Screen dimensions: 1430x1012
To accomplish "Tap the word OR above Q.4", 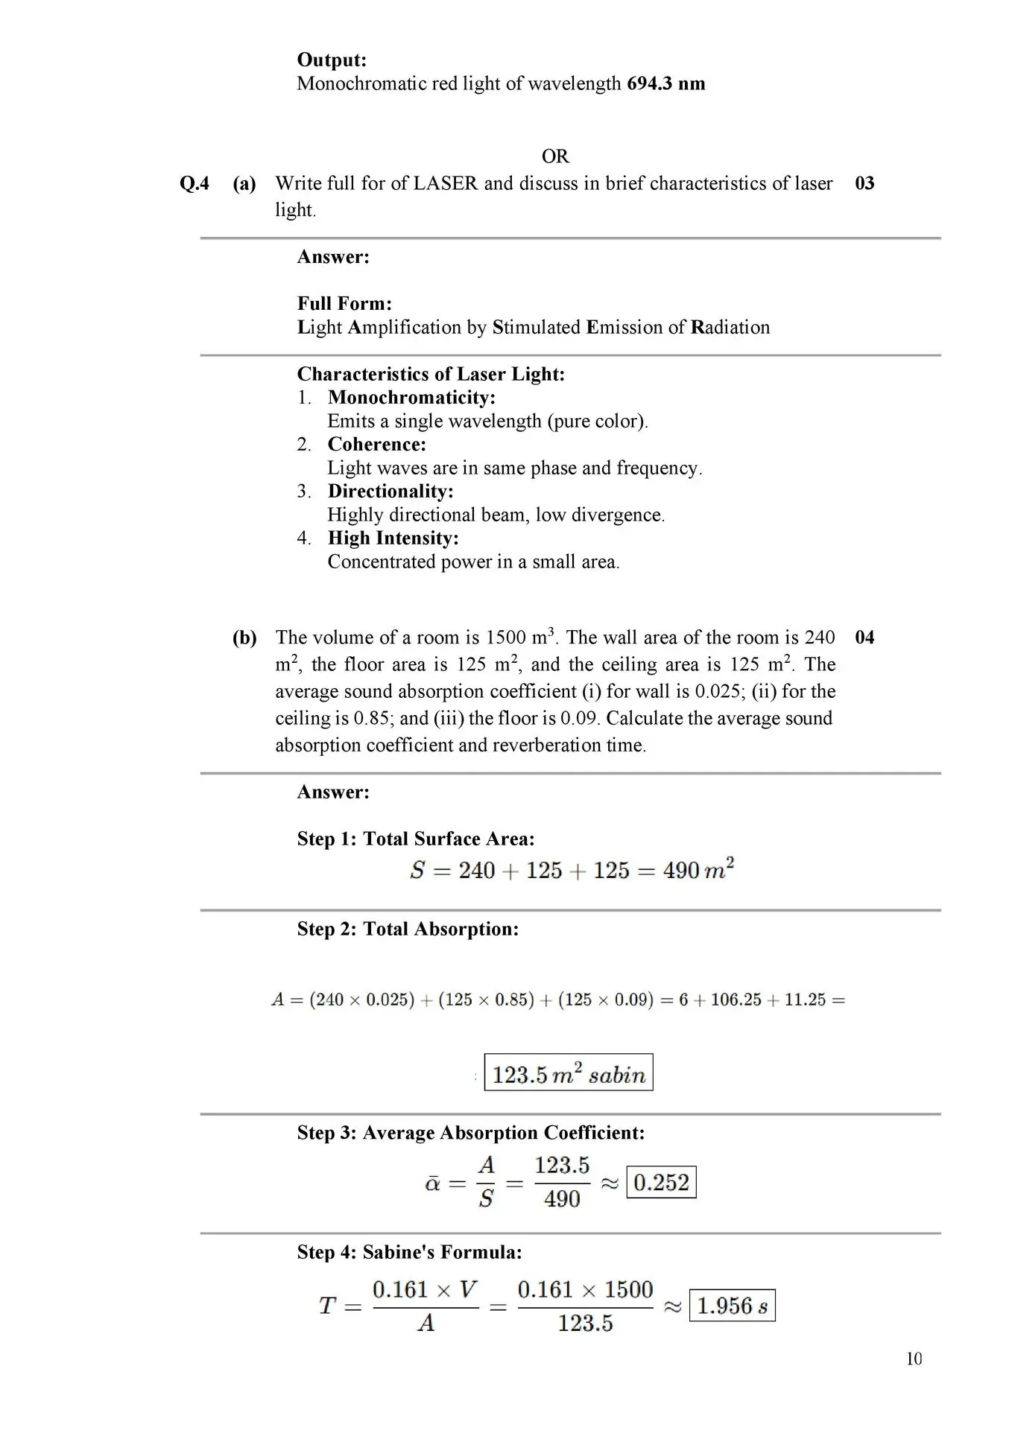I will point(555,156).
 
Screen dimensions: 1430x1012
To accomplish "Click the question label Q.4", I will point(195,184).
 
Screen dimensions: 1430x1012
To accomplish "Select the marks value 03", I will point(864,184).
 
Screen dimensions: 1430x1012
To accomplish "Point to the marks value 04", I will point(864,638).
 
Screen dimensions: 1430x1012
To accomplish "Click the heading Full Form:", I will point(344,304).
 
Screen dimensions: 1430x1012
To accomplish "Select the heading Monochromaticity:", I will point(411,398).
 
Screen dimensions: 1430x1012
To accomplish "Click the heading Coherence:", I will point(377,445).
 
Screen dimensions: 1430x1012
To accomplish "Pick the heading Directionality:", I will point(390,492).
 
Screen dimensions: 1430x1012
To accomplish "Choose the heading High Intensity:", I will point(393,538).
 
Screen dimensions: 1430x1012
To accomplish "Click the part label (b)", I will point(244,638).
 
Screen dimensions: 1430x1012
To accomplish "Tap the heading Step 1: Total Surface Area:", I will point(416,839).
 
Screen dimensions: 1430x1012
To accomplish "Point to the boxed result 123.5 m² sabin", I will point(569,1073).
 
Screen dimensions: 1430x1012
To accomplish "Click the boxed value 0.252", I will point(662,1182).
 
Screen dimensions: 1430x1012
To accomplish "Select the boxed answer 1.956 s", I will point(732,1306).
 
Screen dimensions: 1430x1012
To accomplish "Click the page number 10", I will point(914,1359).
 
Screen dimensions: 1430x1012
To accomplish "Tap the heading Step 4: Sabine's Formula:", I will point(409,1253).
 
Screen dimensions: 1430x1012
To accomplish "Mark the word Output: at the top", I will point(332,60).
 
